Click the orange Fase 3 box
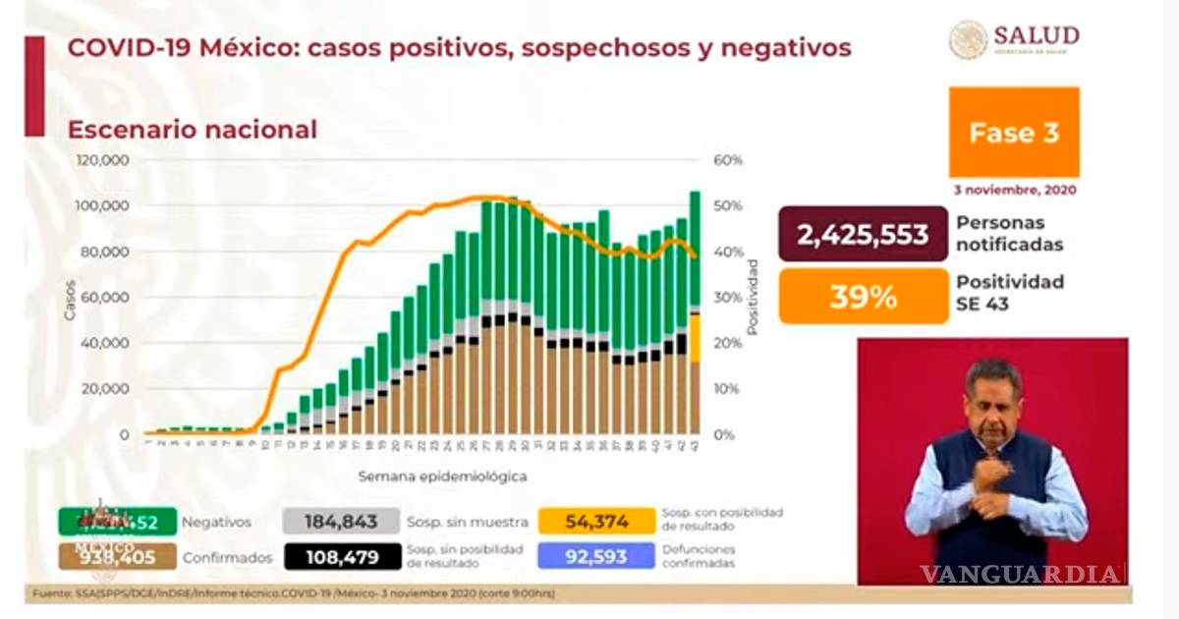tap(1014, 133)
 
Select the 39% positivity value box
tap(863, 296)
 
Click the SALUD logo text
tap(1036, 35)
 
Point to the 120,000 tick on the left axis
tap(103, 160)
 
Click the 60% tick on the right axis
tap(728, 160)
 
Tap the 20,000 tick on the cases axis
tap(106, 389)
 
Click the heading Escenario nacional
tap(191, 129)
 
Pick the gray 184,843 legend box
tap(341, 522)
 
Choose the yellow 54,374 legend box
tap(596, 522)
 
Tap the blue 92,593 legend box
tap(596, 557)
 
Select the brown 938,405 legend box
tap(117, 557)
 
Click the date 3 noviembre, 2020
tap(1014, 189)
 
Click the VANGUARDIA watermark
tap(1022, 574)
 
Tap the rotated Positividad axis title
tap(753, 297)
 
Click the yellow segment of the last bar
tap(695, 337)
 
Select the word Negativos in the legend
tap(222, 522)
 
